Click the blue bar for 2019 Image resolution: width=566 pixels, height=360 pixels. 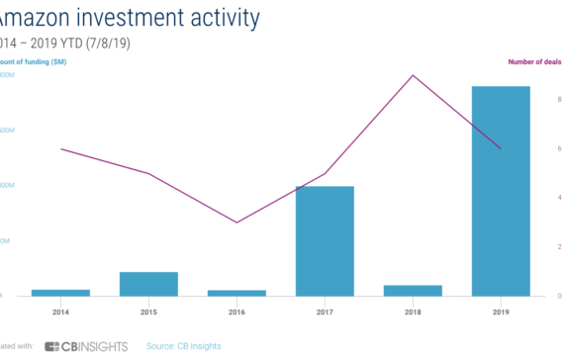pyautogui.click(x=501, y=191)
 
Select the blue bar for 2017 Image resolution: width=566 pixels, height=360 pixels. pyautogui.click(x=325, y=240)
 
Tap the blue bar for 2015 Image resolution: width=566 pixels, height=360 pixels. pyautogui.click(x=148, y=284)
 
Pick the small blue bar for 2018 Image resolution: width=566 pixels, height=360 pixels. pyautogui.click(x=413, y=290)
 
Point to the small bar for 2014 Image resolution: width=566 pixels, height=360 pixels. pyautogui.click(x=60, y=292)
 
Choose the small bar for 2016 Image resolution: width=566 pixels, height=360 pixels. pyautogui.click(x=236, y=293)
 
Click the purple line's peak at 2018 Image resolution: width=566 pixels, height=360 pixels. pyautogui.click(x=413, y=75)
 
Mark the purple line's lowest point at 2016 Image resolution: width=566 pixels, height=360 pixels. pyautogui.click(x=236, y=223)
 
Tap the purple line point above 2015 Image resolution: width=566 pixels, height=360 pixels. pyautogui.click(x=148, y=173)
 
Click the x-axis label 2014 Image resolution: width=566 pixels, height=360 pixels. pyautogui.click(x=60, y=312)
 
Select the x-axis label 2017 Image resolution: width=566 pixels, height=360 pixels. pyautogui.click(x=325, y=312)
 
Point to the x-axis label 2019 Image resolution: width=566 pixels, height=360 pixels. pyautogui.click(x=501, y=312)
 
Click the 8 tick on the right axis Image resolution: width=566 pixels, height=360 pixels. pyautogui.click(x=559, y=99)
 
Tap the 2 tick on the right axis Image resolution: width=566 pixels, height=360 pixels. pyautogui.click(x=559, y=246)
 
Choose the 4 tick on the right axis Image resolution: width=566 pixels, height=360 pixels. pyautogui.click(x=559, y=198)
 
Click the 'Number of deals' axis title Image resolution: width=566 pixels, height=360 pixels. pyautogui.click(x=535, y=61)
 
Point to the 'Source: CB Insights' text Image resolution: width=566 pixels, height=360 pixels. pyautogui.click(x=184, y=346)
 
